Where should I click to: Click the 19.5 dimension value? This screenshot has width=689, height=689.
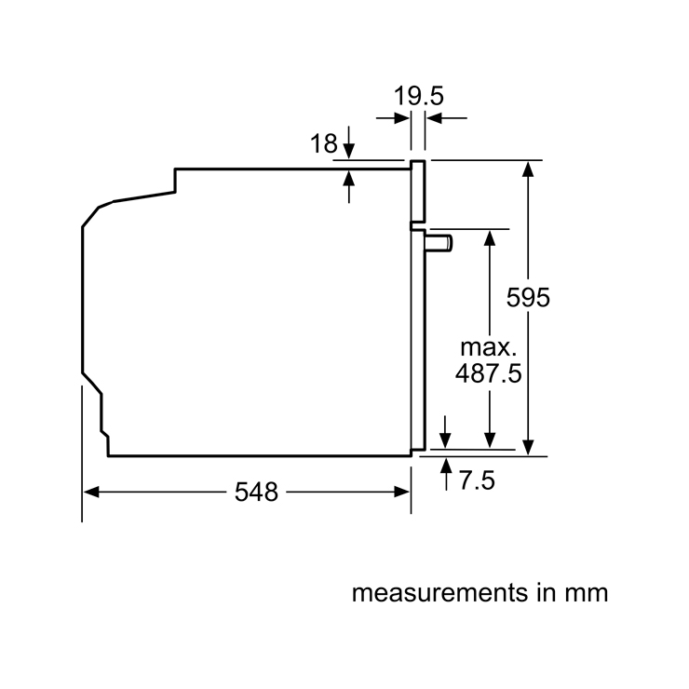click(418, 96)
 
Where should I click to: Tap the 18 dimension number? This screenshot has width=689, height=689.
click(324, 143)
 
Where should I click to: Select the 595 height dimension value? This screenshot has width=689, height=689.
click(528, 297)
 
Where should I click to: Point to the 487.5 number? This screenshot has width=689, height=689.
click(488, 373)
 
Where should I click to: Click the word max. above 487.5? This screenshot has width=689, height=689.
click(488, 347)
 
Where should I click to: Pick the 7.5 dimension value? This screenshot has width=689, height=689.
click(477, 480)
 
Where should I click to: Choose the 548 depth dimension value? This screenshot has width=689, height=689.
click(256, 492)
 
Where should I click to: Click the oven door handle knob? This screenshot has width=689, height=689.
click(439, 243)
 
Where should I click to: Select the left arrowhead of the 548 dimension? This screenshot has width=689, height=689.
click(91, 493)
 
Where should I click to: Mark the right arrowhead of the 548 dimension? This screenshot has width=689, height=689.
click(402, 493)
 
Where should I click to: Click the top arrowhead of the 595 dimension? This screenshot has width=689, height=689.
click(528, 169)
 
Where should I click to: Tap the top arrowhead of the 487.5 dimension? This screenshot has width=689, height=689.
click(490, 237)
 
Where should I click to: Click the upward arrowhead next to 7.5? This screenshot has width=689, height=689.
click(446, 466)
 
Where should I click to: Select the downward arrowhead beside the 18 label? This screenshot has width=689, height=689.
click(349, 151)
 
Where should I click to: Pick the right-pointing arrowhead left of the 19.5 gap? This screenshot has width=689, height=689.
click(402, 118)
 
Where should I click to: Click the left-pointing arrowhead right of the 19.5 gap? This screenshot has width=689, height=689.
click(434, 118)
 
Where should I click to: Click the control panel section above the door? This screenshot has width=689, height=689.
click(418, 192)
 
